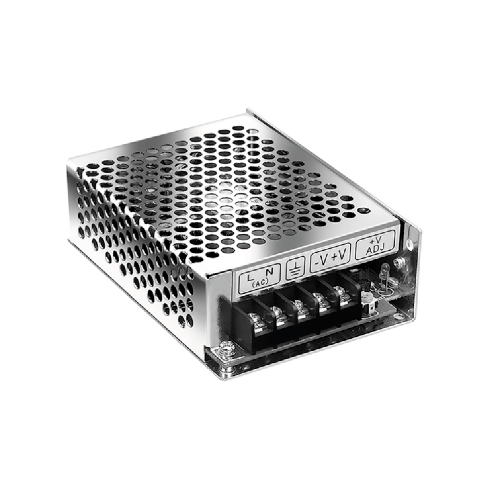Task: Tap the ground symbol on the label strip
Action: click(295, 268)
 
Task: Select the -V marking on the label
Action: click(320, 262)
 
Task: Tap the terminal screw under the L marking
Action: click(254, 319)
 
